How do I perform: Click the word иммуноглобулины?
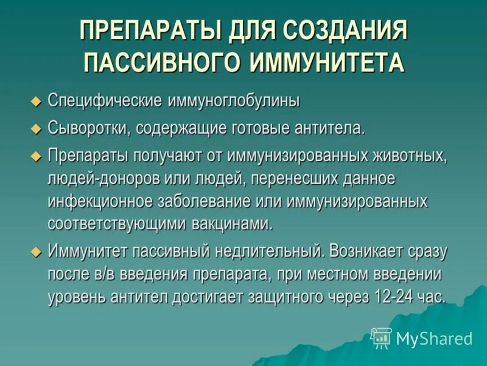[x=230, y=101]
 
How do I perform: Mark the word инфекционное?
[x=102, y=201]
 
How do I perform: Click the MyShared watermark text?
[x=434, y=339]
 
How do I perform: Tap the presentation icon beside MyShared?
[x=382, y=337]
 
